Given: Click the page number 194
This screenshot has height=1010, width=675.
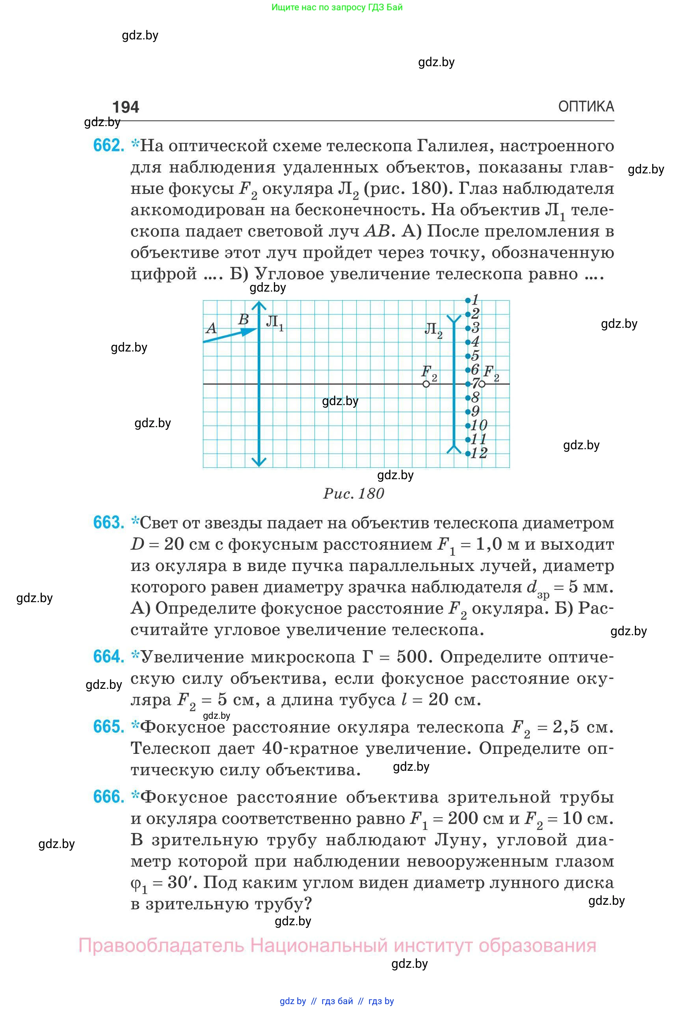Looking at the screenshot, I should (x=125, y=107).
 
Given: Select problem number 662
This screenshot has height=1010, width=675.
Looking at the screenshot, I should (x=108, y=145).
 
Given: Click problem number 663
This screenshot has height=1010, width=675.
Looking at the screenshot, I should (x=108, y=523).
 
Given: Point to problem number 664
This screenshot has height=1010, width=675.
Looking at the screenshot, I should (x=108, y=657).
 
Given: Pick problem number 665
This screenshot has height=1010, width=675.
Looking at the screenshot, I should (x=108, y=727).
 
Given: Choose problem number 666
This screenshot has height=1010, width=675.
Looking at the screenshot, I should (x=108, y=797).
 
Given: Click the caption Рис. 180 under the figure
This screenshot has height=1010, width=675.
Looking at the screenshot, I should (x=353, y=493).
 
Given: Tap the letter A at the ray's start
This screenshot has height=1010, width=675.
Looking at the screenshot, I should (x=211, y=329).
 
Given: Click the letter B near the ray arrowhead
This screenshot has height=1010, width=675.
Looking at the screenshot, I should (x=243, y=319).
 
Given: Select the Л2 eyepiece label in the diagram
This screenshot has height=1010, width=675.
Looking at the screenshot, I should (x=433, y=330).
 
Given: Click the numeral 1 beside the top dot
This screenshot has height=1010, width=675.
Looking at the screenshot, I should (x=476, y=299).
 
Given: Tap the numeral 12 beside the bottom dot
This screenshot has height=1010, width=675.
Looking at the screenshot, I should (x=479, y=453).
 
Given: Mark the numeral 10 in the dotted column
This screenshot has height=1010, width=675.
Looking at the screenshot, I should (x=479, y=425).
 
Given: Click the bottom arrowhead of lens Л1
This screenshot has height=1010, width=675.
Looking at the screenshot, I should (x=259, y=462).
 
